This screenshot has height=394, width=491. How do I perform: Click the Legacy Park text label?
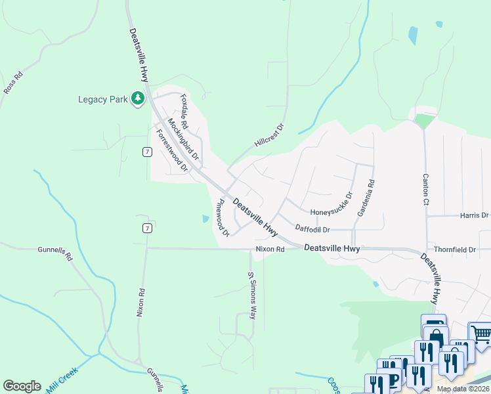(102, 99)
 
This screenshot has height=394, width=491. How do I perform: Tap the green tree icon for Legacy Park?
(137, 98)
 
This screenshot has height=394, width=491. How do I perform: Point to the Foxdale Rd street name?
(184, 112)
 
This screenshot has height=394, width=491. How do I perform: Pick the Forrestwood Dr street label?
(172, 150)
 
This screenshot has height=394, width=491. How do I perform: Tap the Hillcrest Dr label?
(268, 136)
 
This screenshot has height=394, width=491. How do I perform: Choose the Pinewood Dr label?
(223, 217)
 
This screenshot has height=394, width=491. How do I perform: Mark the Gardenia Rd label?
(366, 198)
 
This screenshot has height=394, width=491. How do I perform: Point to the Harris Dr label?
(474, 215)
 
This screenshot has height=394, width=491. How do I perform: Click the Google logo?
(22, 386)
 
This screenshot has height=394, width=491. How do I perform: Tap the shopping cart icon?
(481, 334)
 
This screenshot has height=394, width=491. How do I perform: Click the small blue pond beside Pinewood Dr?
(205, 219)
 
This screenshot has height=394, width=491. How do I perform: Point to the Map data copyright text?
(463, 389)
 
